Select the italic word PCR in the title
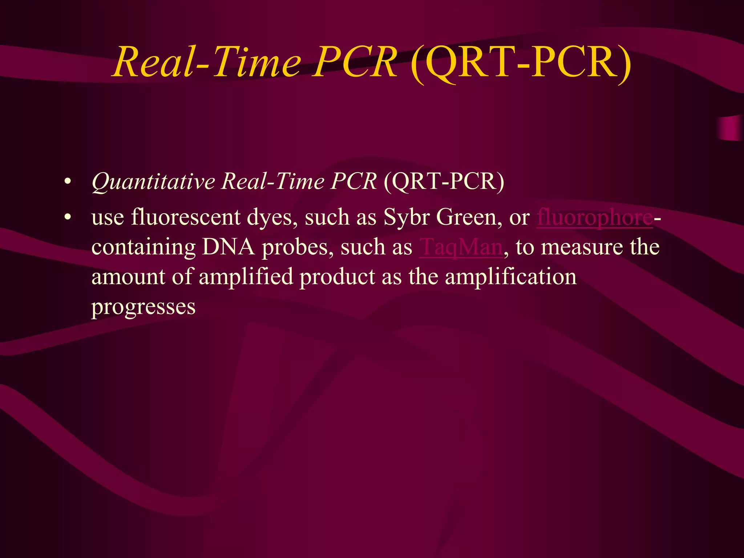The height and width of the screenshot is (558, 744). point(356,62)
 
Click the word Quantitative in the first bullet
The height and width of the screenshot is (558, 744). point(153,181)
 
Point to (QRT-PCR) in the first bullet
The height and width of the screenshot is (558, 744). point(444,181)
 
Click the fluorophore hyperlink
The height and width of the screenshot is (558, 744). point(594,217)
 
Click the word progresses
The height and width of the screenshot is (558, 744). point(143,307)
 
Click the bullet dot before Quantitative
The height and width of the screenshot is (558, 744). point(67,182)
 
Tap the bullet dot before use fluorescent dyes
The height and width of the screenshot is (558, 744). point(67,218)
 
